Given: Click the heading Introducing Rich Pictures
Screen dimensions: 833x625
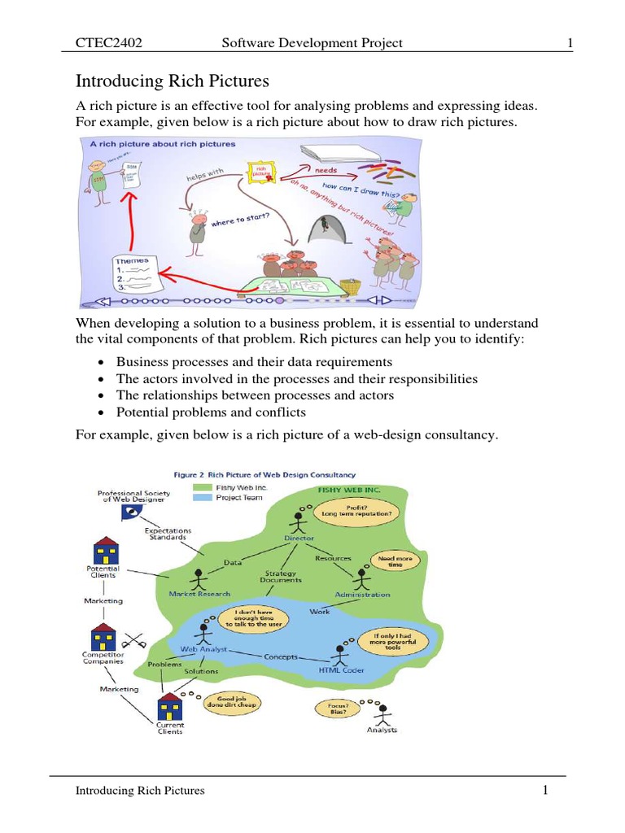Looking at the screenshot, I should (172, 81).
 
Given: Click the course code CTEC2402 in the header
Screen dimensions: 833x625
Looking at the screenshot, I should (109, 42).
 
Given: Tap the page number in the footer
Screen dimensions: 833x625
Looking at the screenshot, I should (548, 789).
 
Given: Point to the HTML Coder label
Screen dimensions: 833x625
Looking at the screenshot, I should (341, 670).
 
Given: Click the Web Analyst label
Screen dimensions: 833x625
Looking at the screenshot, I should (203, 649).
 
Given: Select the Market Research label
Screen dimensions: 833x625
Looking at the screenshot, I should (199, 594).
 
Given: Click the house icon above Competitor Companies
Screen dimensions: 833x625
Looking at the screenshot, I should (103, 637).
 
